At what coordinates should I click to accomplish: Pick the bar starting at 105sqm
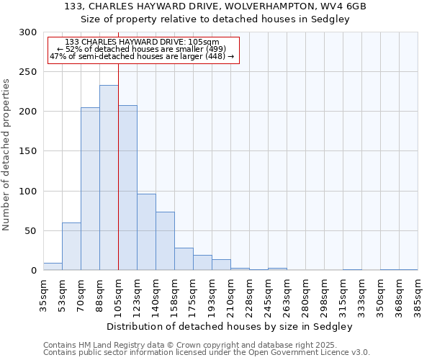(x=127, y=188)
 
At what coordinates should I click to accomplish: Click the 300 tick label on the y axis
(x=28, y=32)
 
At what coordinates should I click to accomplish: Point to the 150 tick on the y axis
(x=28, y=152)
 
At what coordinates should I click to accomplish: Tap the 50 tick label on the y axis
(x=31, y=231)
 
